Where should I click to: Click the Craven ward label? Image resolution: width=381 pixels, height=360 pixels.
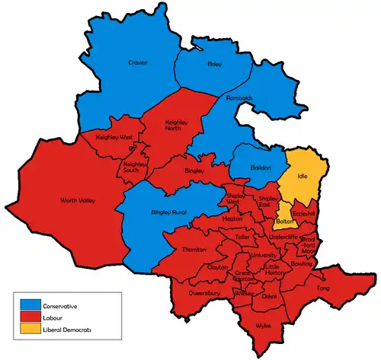138,62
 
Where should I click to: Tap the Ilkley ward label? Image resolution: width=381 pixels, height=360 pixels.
214,65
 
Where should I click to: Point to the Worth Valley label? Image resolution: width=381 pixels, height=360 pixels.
75,201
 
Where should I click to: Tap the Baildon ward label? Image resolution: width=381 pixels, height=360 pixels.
261,167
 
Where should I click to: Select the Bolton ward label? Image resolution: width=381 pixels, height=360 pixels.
284,221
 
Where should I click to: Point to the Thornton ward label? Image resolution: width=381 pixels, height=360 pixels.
194,250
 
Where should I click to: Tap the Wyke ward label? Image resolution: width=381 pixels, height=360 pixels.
263,325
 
